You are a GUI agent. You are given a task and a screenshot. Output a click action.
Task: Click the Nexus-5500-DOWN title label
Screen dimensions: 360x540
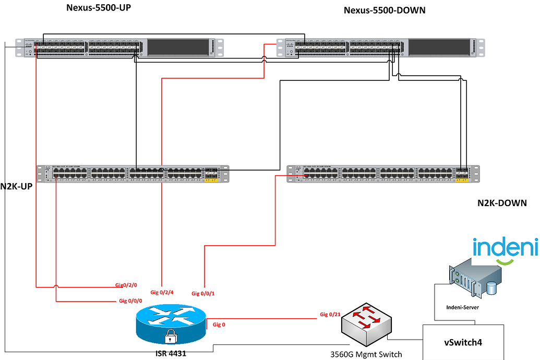click(x=385, y=10)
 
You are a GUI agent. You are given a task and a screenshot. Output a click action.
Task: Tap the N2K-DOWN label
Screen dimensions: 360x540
click(x=502, y=202)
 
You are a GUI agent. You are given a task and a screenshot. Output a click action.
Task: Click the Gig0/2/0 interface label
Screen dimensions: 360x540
click(x=126, y=285)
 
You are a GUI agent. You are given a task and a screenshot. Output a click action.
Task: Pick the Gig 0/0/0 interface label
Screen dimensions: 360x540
click(x=130, y=301)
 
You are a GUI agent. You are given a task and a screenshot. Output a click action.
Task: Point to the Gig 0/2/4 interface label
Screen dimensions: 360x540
click(x=162, y=292)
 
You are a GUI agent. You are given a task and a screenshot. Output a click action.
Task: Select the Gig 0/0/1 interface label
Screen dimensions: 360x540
click(x=203, y=293)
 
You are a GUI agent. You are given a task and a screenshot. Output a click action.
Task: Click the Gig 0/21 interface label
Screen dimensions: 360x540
click(x=331, y=315)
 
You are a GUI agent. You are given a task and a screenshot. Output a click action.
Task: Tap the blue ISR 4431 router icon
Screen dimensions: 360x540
click(x=170, y=324)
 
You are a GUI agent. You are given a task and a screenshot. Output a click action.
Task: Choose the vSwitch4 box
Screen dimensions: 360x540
click(x=463, y=343)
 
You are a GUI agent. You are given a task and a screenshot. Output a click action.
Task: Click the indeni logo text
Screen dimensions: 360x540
click(x=505, y=247)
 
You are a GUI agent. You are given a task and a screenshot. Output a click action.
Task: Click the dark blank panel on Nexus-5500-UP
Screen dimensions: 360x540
click(x=177, y=47)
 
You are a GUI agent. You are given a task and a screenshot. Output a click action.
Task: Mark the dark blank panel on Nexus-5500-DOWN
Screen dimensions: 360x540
click(x=438, y=47)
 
